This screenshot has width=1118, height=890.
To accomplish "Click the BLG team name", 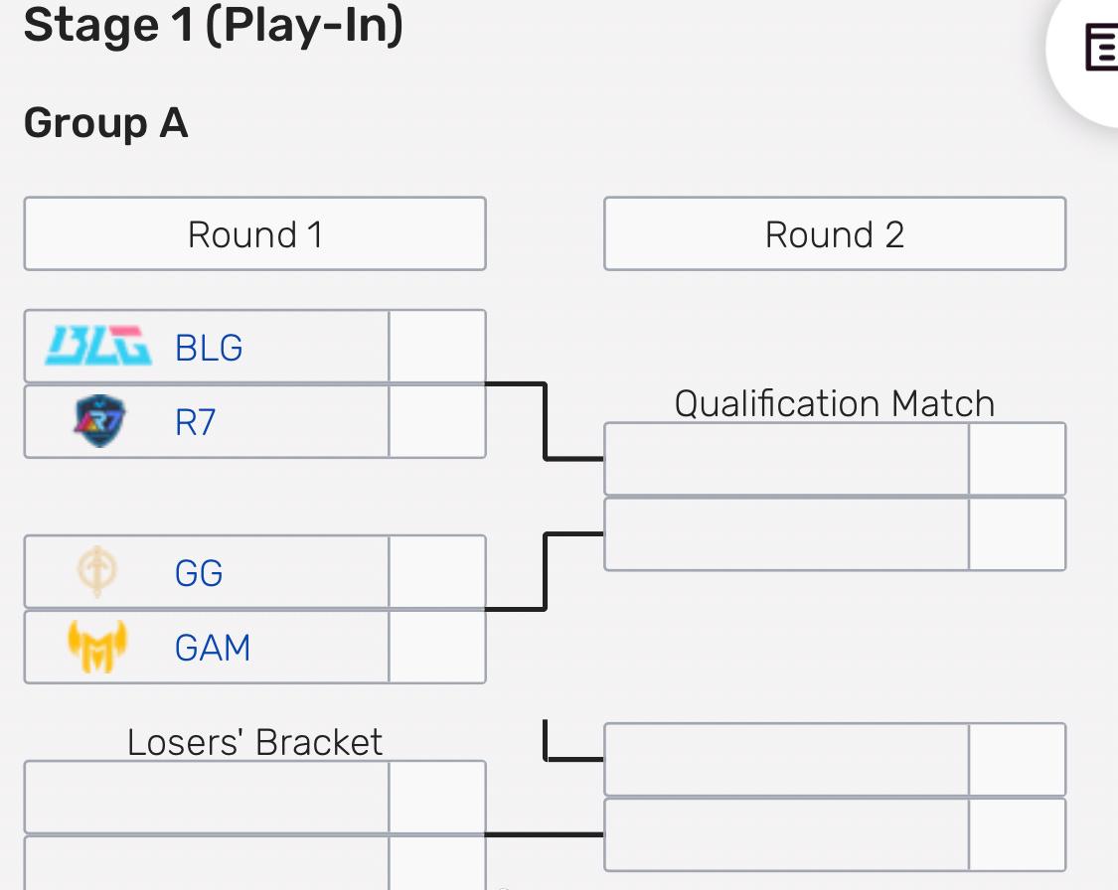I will coord(209,348).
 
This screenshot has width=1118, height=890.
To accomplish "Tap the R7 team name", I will coord(195,423).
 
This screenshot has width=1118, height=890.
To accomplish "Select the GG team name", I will coord(199,573).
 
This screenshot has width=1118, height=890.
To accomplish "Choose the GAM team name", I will coord(213,649).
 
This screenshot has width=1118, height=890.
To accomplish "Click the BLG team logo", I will coord(99,347).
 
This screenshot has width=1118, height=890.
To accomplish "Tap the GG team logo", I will coord(97,573).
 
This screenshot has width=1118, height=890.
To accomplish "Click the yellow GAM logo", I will coord(97,647).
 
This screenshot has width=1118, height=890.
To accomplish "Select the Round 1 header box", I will coord(254,234).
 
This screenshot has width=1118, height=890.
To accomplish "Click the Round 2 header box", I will coord(835,234).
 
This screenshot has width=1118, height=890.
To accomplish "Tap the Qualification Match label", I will coord(835,403).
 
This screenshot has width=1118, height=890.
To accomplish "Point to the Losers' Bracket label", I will coord(254,742).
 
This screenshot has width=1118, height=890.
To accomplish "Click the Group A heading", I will coord(105,124).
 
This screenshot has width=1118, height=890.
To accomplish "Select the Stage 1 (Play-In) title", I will coord(213,26).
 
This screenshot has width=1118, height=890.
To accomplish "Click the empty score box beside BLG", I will coord(437,347).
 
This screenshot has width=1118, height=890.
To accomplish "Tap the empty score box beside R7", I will coord(437,422).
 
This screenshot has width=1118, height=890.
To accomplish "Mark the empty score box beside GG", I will coord(437,572).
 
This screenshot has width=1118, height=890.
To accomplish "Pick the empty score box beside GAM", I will coord(437,648).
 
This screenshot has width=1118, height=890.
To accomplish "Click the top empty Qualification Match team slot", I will coord(786,459).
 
